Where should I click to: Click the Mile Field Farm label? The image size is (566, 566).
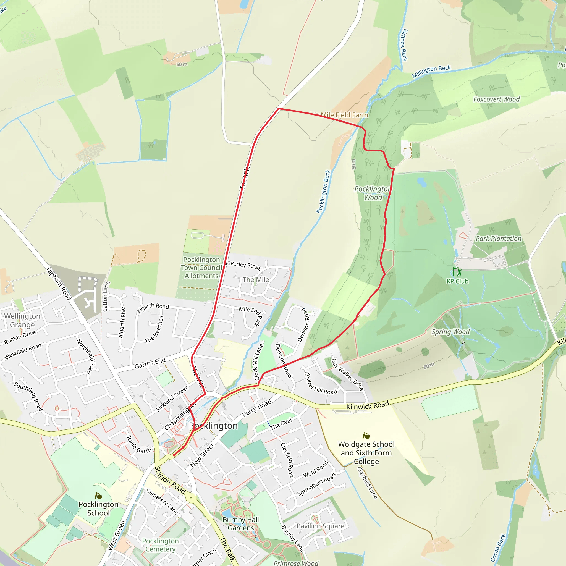[x=344, y=115]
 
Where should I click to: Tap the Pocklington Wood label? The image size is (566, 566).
[x=373, y=193]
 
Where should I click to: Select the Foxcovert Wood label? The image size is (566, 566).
[x=496, y=99]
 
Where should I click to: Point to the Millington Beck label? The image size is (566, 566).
[x=431, y=72]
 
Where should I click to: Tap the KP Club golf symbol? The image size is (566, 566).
[x=457, y=272]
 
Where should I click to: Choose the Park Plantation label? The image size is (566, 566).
[x=498, y=239]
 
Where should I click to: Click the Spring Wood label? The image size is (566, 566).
[x=450, y=332]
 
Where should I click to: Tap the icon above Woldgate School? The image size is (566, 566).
[x=366, y=436]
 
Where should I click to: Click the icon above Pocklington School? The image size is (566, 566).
[x=98, y=496]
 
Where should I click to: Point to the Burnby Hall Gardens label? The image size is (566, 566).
[x=241, y=524]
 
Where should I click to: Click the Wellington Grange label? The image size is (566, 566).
[x=22, y=320]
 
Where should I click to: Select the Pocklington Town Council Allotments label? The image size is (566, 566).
[x=201, y=268]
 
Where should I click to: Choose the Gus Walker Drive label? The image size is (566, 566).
[x=347, y=374]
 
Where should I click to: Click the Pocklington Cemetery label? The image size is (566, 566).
[x=160, y=545]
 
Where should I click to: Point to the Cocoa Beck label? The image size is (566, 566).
[x=498, y=548]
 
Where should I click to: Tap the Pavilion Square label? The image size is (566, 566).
[x=321, y=526]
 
